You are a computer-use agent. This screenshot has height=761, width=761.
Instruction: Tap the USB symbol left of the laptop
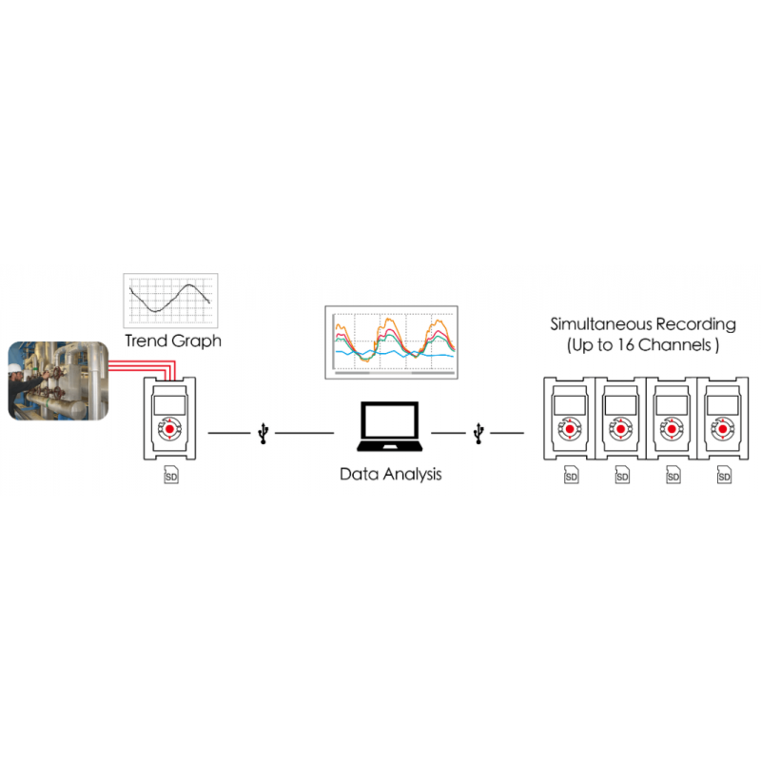(263, 434)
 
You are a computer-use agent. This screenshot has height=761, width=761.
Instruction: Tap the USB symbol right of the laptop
(478, 434)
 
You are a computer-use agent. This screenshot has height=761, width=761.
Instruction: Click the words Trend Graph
(173, 340)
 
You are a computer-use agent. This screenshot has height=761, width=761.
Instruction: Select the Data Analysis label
(390, 473)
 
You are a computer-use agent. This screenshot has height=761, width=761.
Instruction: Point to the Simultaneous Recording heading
(643, 324)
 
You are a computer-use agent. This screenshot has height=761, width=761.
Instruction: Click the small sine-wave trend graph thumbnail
(171, 301)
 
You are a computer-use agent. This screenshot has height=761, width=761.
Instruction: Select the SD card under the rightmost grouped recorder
(725, 475)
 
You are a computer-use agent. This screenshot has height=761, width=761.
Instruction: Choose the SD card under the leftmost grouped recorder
(571, 475)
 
